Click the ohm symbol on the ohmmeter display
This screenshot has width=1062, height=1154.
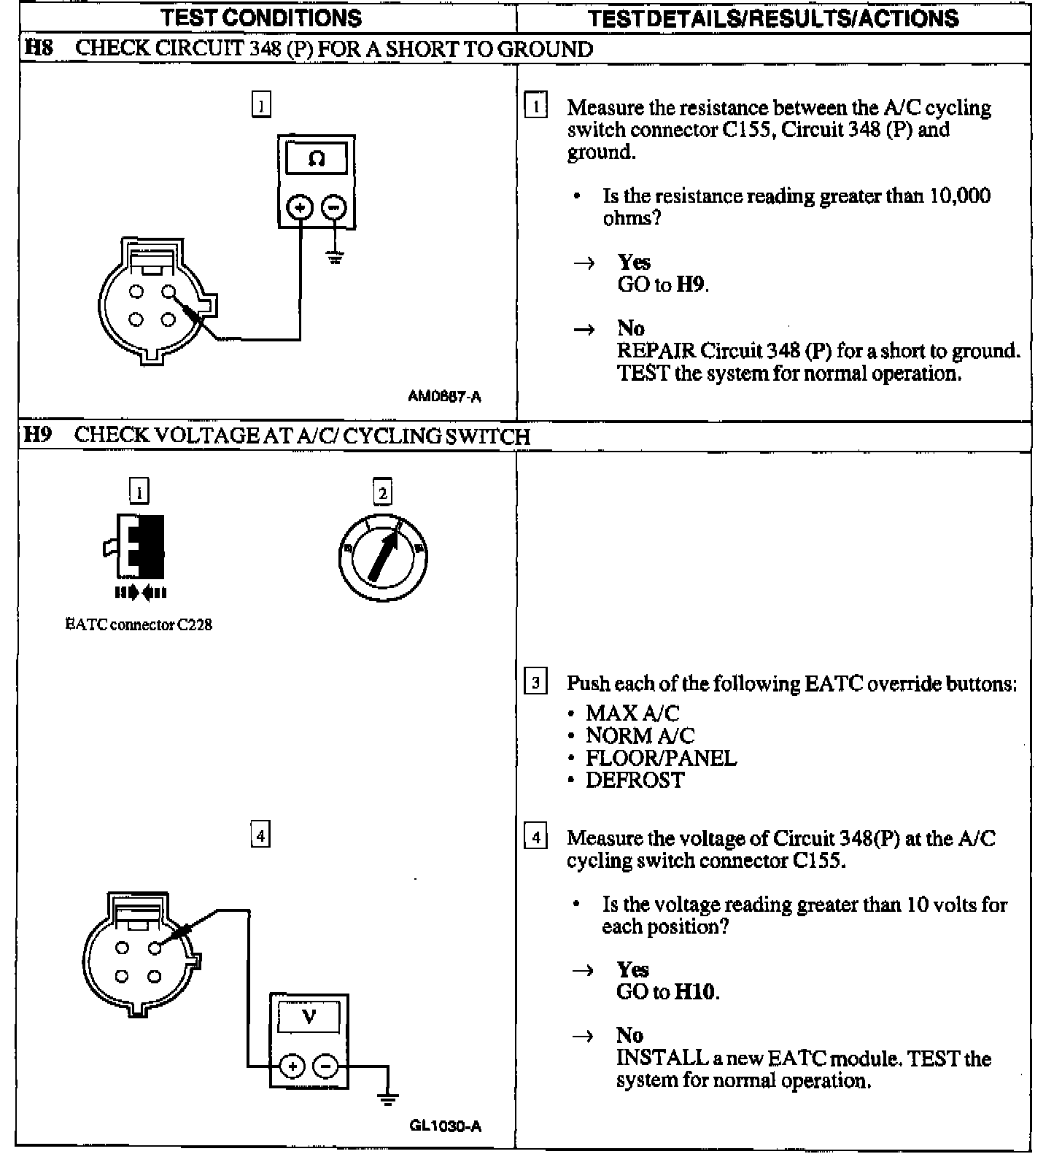[317, 158]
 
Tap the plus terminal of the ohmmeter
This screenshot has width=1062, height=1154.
[300, 208]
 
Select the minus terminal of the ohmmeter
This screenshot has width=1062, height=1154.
[333, 208]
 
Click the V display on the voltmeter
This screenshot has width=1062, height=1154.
[309, 1016]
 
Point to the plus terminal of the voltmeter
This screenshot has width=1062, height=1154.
[292, 1066]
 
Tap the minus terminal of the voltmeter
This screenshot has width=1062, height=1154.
[325, 1066]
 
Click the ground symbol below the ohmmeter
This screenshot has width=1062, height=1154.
[335, 257]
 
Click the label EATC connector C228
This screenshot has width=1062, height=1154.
[139, 625]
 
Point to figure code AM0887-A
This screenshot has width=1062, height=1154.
[444, 397]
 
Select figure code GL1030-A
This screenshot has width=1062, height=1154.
[445, 1126]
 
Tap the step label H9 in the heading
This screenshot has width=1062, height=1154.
[38, 435]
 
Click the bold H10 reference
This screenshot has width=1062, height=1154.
[695, 991]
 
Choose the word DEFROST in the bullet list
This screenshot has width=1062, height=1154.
[635, 781]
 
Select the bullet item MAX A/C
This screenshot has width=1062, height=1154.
[632, 713]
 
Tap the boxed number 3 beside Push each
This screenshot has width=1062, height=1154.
[536, 683]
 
